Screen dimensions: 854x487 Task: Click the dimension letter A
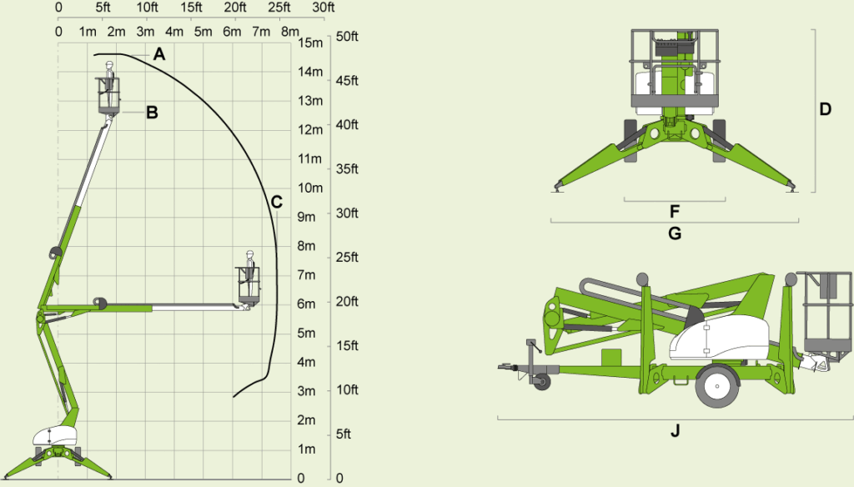tap(159, 54)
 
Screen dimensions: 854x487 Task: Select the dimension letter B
tap(152, 113)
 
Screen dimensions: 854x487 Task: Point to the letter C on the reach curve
tap(277, 202)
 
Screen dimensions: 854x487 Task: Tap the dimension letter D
tap(825, 109)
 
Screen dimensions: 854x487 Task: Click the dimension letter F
tap(674, 211)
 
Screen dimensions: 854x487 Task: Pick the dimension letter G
tap(674, 233)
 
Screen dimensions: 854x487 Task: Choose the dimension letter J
tap(675, 431)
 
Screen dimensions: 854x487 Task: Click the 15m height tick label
tap(310, 43)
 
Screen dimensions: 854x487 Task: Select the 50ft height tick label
tap(347, 37)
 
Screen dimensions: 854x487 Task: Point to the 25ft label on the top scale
tap(279, 7)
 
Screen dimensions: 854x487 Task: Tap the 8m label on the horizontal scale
tap(290, 32)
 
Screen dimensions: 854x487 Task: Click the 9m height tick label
tap(306, 217)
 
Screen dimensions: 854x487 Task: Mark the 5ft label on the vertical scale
tap(343, 434)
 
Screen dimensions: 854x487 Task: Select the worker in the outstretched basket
tap(250, 273)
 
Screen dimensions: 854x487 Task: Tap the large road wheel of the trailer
tap(716, 386)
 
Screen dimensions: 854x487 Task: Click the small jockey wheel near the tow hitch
tap(541, 381)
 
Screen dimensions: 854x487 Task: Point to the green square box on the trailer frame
tap(611, 358)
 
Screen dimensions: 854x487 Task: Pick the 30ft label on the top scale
tap(324, 7)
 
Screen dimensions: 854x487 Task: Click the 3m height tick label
tap(306, 391)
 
